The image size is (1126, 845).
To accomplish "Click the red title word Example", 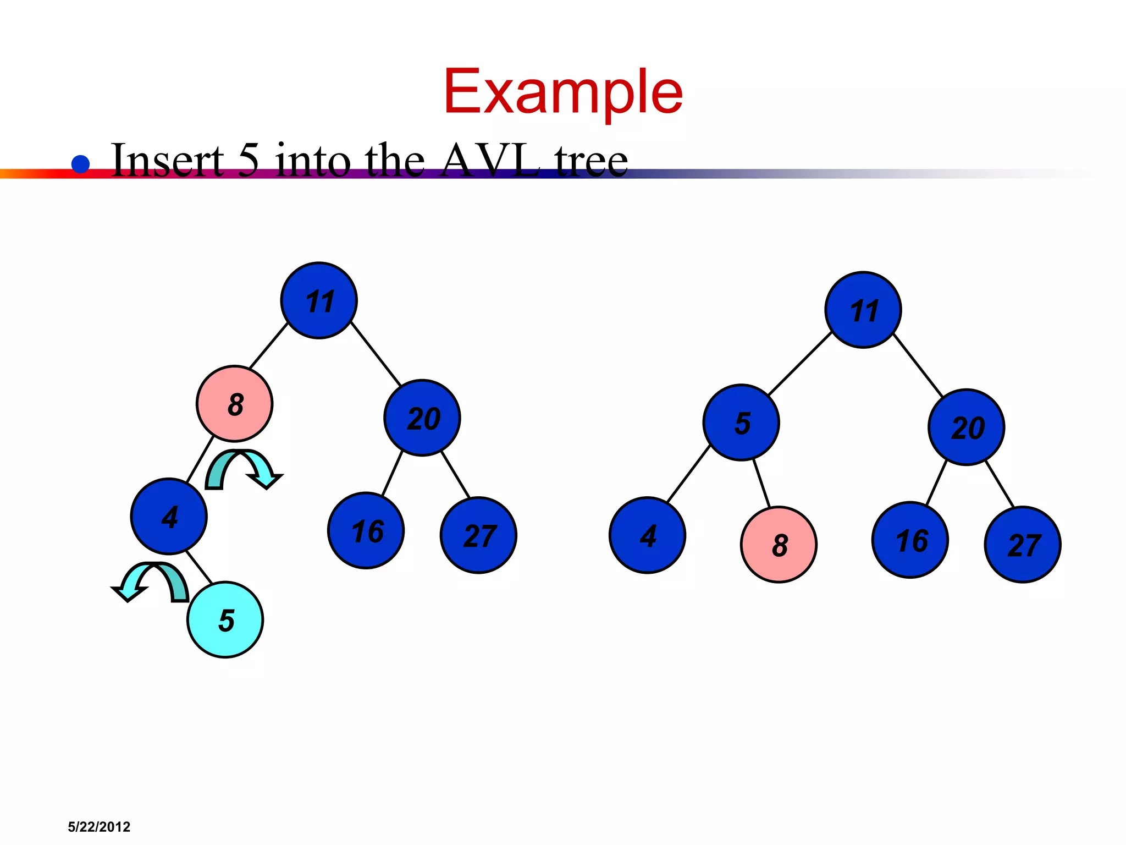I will tap(562, 92).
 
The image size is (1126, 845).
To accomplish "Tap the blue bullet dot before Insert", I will tap(81, 164).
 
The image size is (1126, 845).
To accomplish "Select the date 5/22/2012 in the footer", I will tap(99, 827).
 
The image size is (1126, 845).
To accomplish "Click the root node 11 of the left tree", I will tap(319, 300).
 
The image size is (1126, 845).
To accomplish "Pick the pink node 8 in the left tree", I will tap(235, 404).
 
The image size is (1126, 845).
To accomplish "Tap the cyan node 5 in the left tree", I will tap(225, 620).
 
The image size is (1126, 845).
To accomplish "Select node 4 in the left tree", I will tap(169, 517).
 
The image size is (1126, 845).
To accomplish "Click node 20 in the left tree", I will tap(422, 418).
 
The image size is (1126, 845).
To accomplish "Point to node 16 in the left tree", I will tap(366, 531).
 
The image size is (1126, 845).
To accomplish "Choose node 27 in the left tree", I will tap(479, 535).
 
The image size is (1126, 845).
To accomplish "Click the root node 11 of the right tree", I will tap(863, 310).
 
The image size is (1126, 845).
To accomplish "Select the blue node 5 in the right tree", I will tap(741, 422).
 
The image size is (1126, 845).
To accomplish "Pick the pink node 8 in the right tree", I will tap(779, 545).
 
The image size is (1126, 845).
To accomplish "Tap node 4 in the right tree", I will tap(648, 535).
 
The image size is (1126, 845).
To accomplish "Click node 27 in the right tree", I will tap(1023, 545).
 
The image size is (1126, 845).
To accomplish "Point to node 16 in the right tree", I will tap(910, 540).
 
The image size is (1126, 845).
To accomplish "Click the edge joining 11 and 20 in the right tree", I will tap(918, 364).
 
